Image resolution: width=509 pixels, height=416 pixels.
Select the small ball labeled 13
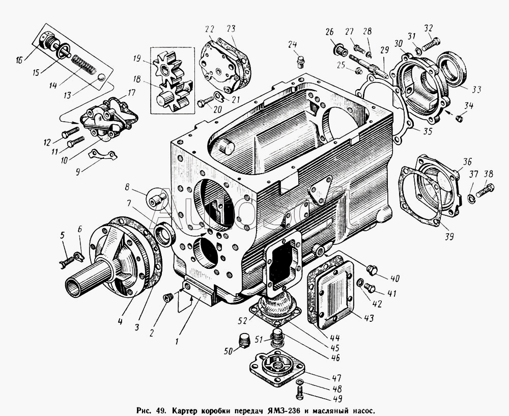(x=102, y=77)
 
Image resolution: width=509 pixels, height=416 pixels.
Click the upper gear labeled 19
(x=168, y=70)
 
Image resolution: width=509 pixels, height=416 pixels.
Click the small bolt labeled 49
(x=299, y=393)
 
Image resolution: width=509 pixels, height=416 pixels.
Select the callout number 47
(x=336, y=378)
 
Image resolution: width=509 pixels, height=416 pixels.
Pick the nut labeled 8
(x=157, y=197)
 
